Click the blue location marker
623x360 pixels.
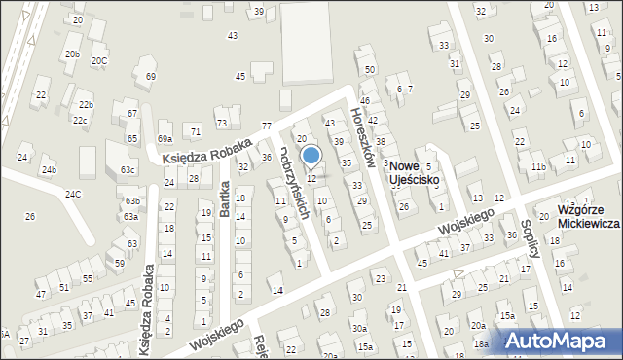point(311,155)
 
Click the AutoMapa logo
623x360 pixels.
point(560,341)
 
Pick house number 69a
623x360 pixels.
point(165,139)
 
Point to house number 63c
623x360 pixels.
point(128,169)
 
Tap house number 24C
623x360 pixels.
point(74,194)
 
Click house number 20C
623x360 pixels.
point(99,60)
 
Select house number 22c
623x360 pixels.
point(80,120)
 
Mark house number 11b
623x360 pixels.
point(537,167)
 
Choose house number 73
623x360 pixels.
point(222,123)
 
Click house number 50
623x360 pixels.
point(370,70)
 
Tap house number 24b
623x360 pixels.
point(49,169)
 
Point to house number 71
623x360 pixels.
point(196,130)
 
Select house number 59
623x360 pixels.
point(120,263)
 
